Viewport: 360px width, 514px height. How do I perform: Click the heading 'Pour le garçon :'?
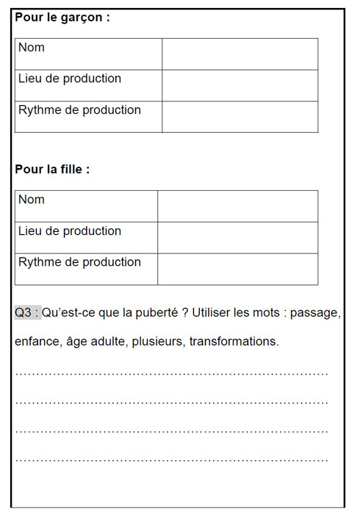click(x=62, y=17)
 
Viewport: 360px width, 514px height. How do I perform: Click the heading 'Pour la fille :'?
click(x=52, y=169)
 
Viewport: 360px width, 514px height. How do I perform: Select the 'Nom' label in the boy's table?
click(x=32, y=48)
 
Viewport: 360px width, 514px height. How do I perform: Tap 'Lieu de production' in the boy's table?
click(x=70, y=79)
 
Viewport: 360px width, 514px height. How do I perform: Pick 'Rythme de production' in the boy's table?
click(x=79, y=110)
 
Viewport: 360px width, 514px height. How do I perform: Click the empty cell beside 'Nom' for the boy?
click(x=240, y=54)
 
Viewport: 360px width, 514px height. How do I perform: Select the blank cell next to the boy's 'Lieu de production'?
click(x=240, y=85)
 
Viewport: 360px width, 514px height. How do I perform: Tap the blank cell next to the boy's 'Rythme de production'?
click(x=240, y=117)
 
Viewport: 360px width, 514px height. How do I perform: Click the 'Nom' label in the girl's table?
click(x=32, y=200)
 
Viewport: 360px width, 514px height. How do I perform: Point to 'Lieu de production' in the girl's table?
click(x=70, y=231)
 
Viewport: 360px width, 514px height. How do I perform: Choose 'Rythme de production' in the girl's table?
click(x=79, y=262)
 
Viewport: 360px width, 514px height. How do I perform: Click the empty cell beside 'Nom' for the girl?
click(x=237, y=206)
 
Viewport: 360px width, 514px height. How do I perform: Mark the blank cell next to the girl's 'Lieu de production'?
click(x=237, y=237)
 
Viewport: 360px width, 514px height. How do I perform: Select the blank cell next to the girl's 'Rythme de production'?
click(x=237, y=269)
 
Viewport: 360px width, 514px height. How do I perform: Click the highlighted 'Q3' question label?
click(x=27, y=313)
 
